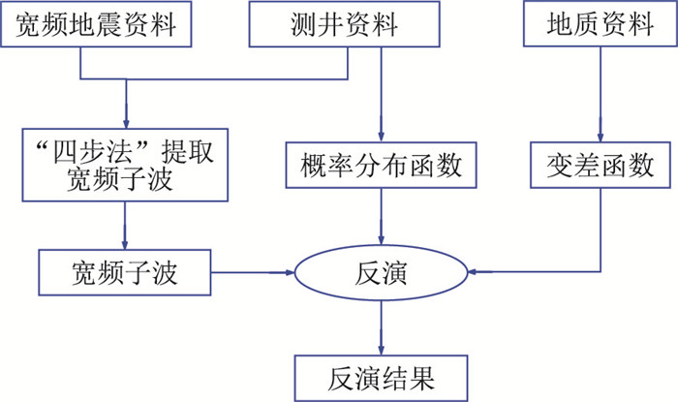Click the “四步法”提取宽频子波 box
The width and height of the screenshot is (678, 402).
(x=127, y=166)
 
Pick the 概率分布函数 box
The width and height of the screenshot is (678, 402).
(x=381, y=167)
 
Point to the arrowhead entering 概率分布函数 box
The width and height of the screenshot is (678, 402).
(x=381, y=138)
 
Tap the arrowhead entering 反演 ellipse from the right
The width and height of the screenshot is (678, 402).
(x=476, y=273)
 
